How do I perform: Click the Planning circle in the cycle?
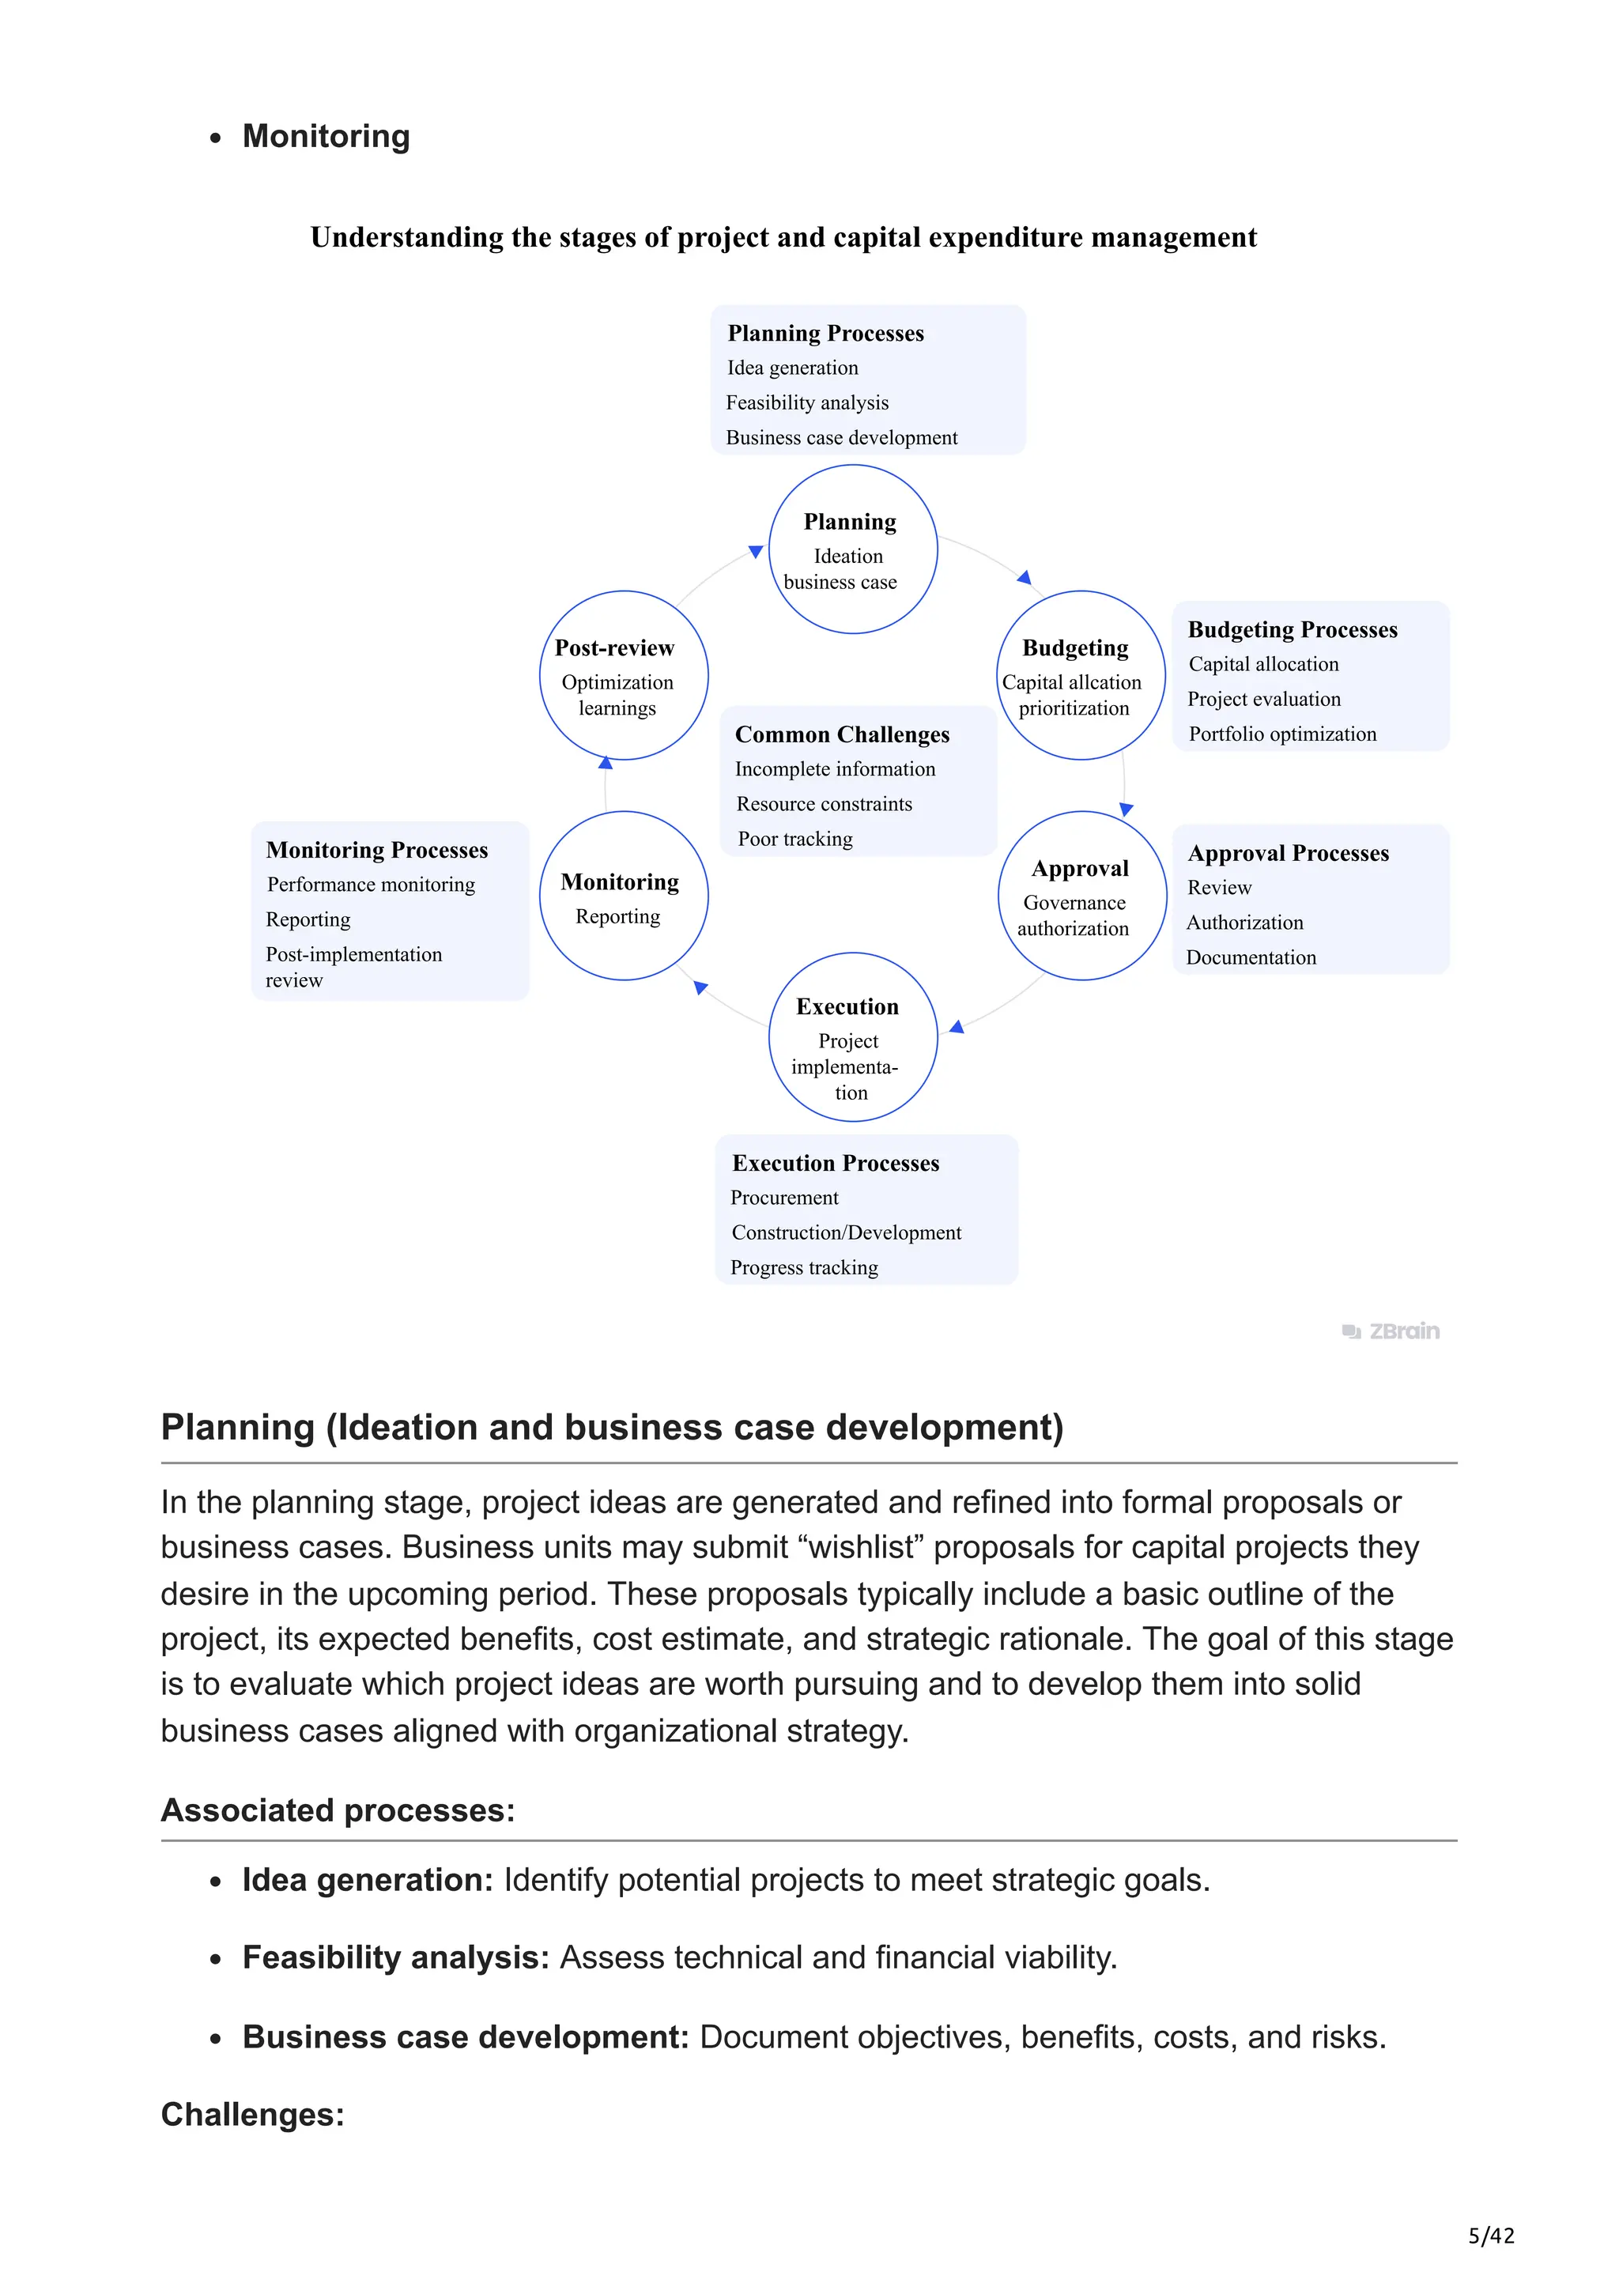coord(852,549)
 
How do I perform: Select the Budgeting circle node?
coord(1081,676)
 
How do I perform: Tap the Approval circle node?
coord(1081,895)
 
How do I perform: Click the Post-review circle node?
coord(624,676)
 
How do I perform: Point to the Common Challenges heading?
coord(842,734)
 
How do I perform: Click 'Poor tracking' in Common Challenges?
coord(795,840)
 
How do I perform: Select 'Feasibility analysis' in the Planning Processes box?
coord(807,403)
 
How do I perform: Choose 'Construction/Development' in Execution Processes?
coord(846,1233)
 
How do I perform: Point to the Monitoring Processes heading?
coord(377,850)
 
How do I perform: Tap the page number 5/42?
coord(1490,2236)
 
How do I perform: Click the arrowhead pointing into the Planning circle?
coord(756,551)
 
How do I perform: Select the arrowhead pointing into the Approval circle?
coord(1127,810)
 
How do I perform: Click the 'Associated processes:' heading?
coord(338,1810)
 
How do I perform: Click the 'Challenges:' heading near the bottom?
coord(252,2115)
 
